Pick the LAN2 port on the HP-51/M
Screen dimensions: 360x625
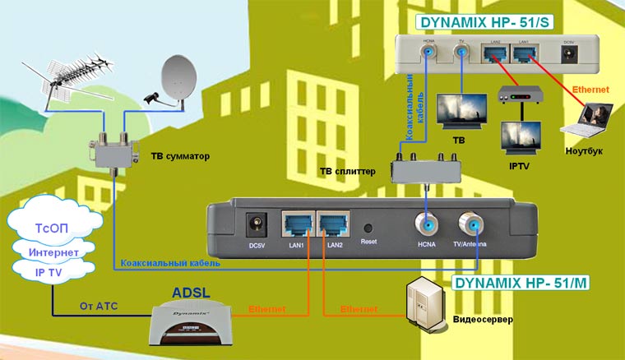(x=334, y=224)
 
